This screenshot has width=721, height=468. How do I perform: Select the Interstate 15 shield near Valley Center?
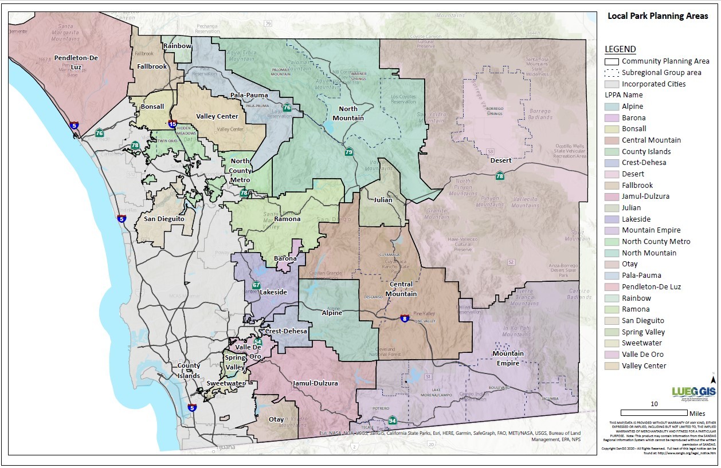(173, 123)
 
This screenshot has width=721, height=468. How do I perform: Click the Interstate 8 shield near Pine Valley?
(405, 318)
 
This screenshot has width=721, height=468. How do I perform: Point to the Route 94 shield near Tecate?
(392, 421)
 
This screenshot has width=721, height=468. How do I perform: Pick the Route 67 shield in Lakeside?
(256, 285)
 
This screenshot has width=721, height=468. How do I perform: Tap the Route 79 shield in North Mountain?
(348, 152)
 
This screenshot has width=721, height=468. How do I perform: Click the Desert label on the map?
(500, 160)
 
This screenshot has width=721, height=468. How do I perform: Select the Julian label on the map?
(383, 200)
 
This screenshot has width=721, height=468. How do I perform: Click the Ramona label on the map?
(287, 219)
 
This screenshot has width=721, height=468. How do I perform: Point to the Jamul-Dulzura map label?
(315, 383)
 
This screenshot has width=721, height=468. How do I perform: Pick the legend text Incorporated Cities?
(653, 84)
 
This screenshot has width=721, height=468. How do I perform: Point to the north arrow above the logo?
(712, 379)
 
